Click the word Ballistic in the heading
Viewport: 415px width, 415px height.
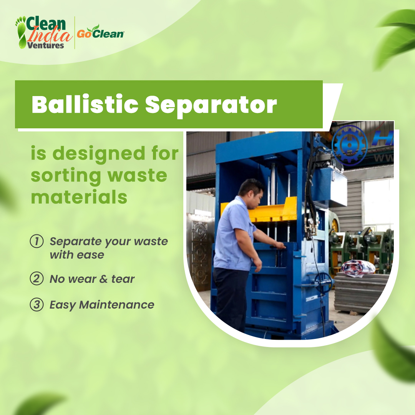[x=84, y=104]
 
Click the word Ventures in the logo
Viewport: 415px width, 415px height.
[x=45, y=45]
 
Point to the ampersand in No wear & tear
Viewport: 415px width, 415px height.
[x=103, y=279]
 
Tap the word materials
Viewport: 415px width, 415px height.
[x=79, y=197]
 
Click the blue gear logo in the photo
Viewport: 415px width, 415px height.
[x=349, y=145]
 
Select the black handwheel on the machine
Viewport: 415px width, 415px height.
[x=323, y=282]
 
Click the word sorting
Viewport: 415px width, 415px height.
[x=65, y=176]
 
